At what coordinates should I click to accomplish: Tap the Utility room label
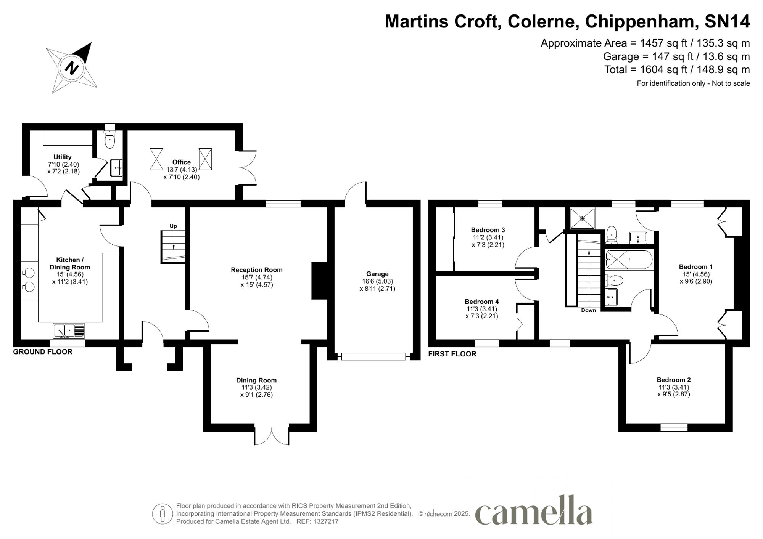63,157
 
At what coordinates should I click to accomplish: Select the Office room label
182,162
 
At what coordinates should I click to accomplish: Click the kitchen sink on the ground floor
69,331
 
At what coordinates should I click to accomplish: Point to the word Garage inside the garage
377,274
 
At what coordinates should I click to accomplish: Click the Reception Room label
257,270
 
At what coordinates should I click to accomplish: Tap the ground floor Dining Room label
256,380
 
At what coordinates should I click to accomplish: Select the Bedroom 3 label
488,230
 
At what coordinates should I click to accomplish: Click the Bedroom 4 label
482,302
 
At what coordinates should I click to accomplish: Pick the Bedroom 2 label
674,380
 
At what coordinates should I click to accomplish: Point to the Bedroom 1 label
696,267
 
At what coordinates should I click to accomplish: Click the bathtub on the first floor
629,260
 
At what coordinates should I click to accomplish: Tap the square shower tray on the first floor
583,218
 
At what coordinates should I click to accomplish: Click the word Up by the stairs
173,226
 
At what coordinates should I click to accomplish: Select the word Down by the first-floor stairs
589,310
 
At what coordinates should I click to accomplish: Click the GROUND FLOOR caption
43,352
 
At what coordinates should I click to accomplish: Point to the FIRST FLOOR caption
452,354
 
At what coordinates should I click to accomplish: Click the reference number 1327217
326,521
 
